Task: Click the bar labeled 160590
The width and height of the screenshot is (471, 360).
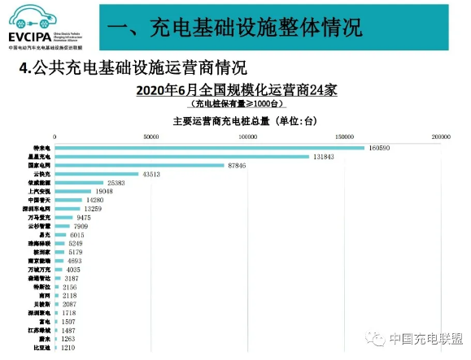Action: pyautogui.click(x=209, y=148)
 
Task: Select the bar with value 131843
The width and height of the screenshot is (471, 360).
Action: pyautogui.click(x=181, y=157)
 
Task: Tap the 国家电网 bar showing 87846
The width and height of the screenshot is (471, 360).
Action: pyautogui.click(x=138, y=166)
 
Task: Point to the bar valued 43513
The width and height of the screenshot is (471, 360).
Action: pyautogui.click(x=96, y=175)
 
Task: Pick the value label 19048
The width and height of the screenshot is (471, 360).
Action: pyautogui.click(x=109, y=193)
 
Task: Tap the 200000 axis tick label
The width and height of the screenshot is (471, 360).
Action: pyautogui.click(x=441, y=136)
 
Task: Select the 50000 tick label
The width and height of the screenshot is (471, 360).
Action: pyautogui.click(x=151, y=136)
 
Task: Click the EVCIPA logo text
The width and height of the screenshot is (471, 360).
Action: pyautogui.click(x=31, y=37)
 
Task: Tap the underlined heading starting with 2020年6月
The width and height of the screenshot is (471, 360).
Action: pyautogui.click(x=237, y=89)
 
